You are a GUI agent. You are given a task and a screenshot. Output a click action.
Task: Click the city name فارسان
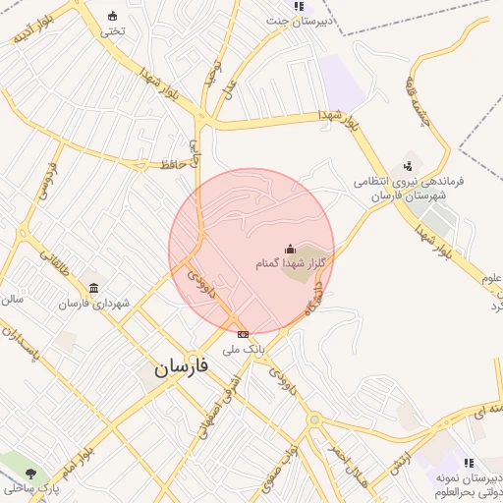point(181,367)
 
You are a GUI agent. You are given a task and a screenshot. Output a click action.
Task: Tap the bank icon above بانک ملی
point(243,335)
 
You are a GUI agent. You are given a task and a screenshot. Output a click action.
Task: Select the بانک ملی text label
point(243,349)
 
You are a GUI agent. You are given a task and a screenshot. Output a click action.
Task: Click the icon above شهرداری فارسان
point(93,288)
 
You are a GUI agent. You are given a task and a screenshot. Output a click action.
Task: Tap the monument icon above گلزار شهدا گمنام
point(290,250)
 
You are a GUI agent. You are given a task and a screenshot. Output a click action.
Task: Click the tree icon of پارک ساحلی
point(31,474)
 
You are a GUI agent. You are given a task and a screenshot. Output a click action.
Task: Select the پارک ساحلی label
point(30,488)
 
